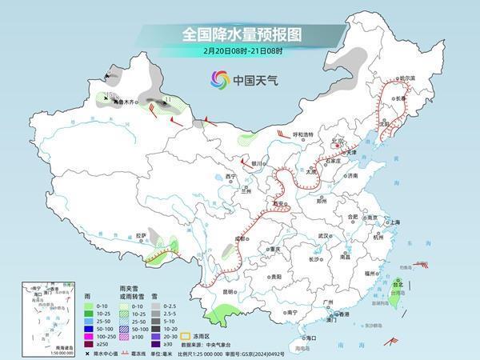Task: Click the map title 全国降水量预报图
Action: tap(240, 35)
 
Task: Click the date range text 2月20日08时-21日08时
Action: tap(240, 52)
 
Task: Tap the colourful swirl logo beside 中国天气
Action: tap(218, 79)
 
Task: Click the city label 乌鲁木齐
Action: tap(124, 102)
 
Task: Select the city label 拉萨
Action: tap(141, 235)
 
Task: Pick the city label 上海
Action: tap(391, 222)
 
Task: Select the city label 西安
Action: tap(278, 204)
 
